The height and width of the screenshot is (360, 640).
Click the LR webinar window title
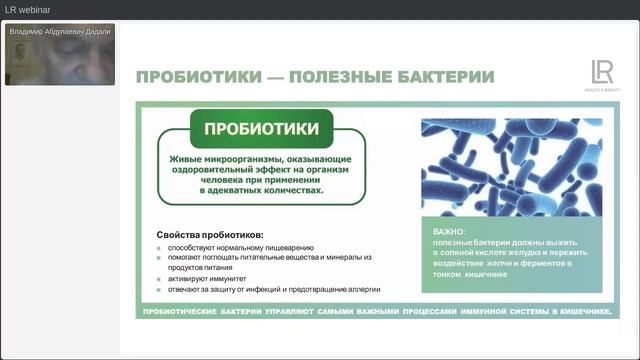[x=29, y=10]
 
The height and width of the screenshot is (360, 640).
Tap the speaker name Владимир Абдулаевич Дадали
[x=60, y=32]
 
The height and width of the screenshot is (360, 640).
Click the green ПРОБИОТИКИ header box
[x=262, y=129]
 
